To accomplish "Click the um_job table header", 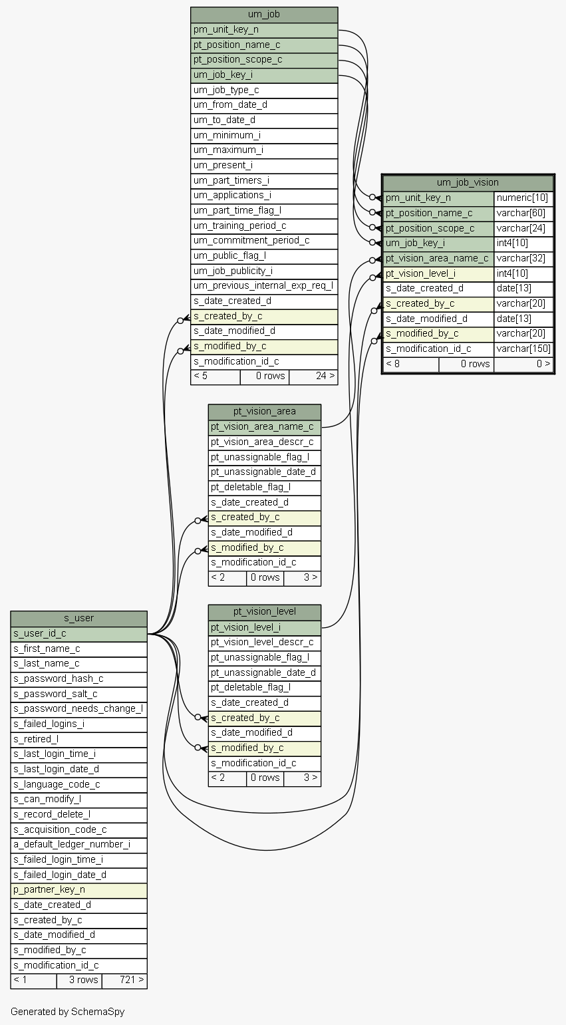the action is tap(264, 15).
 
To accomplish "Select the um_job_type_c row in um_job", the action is tap(264, 90).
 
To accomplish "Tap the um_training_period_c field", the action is tap(264, 226).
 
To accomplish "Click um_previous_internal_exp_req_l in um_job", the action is tap(264, 287).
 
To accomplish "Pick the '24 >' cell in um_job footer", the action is tap(313, 376).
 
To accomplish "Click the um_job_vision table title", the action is tap(468, 182).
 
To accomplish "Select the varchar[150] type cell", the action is tap(523, 349).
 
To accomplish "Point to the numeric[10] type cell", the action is tap(523, 198).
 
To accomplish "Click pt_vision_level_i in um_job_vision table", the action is tap(438, 273).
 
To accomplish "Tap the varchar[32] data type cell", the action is tap(523, 259).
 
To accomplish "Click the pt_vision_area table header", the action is tap(265, 412).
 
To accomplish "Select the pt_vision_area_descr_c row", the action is tap(265, 442).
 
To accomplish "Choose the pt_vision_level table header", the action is tap(265, 612).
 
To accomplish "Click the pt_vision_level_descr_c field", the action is tap(265, 643).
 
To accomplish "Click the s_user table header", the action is tap(78, 619).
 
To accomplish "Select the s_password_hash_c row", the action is tap(78, 679).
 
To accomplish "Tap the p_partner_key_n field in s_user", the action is tap(78, 890).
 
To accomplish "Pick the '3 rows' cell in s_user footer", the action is tap(79, 980).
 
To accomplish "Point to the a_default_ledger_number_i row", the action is tap(78, 845).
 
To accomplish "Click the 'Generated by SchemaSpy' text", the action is tap(68, 1012).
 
